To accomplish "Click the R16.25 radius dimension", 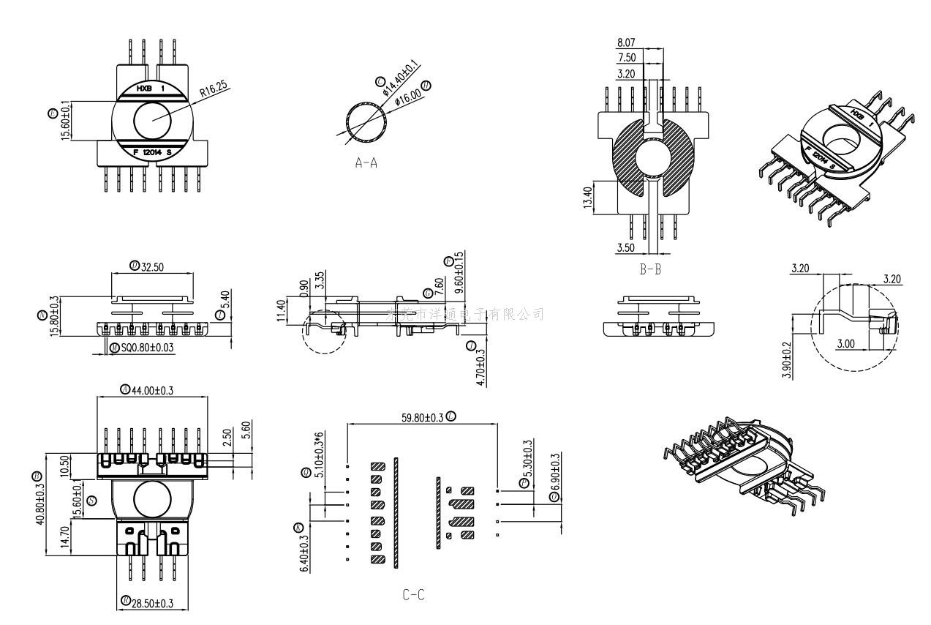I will [x=214, y=90].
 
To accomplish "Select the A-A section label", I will [x=366, y=163].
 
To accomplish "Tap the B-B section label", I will [x=650, y=269].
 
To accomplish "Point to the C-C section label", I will [x=413, y=595].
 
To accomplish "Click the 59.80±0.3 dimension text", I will [x=422, y=417].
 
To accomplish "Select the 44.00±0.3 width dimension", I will [x=152, y=390].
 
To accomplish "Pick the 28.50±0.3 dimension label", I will [x=153, y=603].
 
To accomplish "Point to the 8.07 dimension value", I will [x=627, y=43].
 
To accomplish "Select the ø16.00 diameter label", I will [x=408, y=93].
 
